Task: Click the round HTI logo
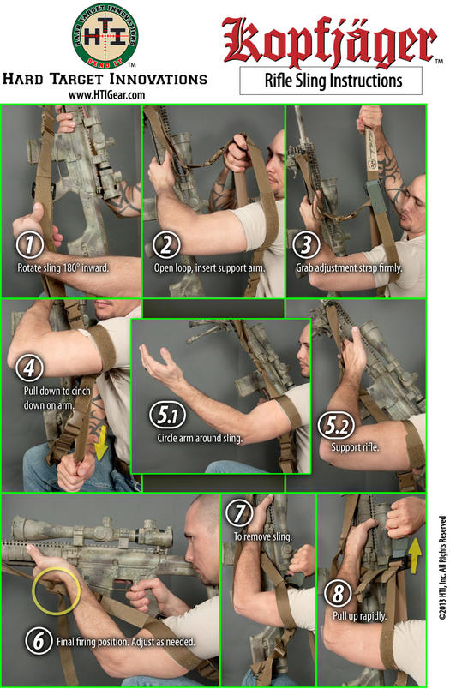pyautogui.click(x=105, y=36)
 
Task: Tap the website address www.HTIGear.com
pyautogui.click(x=106, y=95)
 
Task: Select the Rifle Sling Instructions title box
pyautogui.click(x=331, y=81)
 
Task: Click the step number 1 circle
pyautogui.click(x=30, y=245)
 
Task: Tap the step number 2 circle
pyautogui.click(x=166, y=245)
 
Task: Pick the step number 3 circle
pyautogui.click(x=306, y=245)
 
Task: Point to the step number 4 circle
pyautogui.click(x=29, y=368)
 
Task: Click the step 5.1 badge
pyautogui.click(x=167, y=415)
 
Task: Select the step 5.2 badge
pyautogui.click(x=336, y=426)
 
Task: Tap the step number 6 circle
pyautogui.click(x=39, y=640)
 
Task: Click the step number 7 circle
pyautogui.click(x=239, y=513)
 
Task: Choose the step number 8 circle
pyautogui.click(x=338, y=593)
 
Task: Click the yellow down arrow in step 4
pyautogui.click(x=101, y=442)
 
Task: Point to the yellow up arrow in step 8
pyautogui.click(x=415, y=556)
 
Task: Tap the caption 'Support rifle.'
pyautogui.click(x=355, y=447)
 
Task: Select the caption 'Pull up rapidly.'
pyautogui.click(x=359, y=616)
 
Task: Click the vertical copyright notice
pyautogui.click(x=442, y=567)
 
